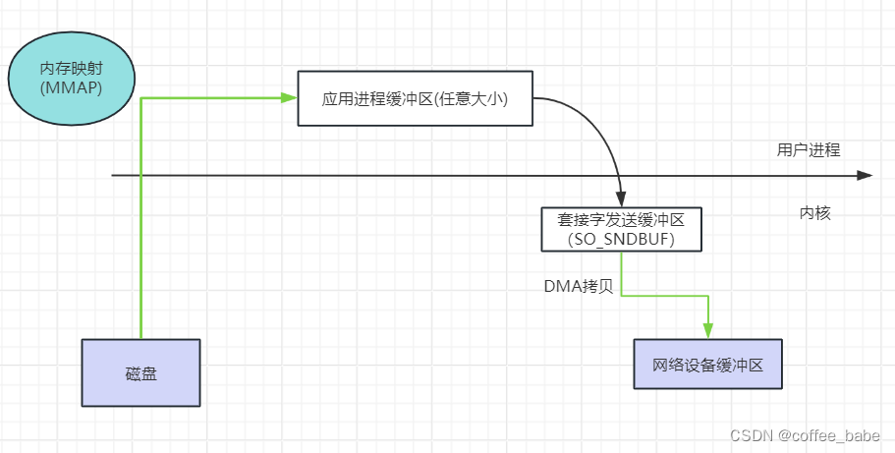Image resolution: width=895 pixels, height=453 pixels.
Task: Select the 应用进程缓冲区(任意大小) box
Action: (416, 98)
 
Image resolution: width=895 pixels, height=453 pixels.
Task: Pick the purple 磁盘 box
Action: (140, 372)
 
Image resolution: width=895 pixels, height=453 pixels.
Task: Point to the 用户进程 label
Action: (808, 150)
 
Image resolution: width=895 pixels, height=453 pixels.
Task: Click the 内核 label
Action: (814, 212)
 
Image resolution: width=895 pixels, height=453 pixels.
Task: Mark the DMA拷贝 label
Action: (580, 286)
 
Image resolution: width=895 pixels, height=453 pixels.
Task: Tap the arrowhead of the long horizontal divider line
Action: (865, 175)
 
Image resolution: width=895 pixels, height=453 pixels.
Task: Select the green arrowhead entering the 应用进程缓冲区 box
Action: (290, 97)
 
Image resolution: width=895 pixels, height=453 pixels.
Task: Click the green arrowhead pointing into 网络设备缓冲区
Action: (707, 331)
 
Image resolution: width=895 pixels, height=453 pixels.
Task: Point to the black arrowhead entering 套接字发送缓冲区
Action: (621, 199)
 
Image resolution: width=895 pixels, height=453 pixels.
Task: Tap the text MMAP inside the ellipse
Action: (71, 89)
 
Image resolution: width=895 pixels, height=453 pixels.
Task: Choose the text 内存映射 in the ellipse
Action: (71, 71)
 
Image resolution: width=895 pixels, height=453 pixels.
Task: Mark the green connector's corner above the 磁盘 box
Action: (142, 98)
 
